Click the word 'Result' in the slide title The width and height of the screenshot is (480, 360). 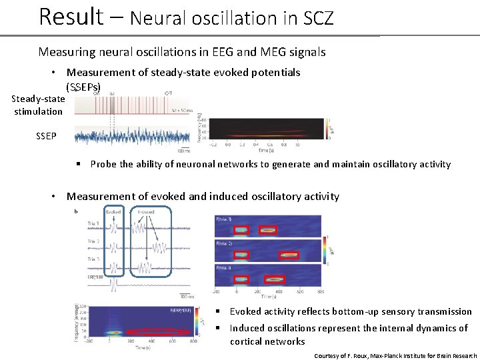[71, 16]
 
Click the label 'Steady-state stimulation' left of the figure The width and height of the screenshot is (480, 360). [39, 105]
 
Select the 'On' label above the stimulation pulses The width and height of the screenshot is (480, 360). [97, 93]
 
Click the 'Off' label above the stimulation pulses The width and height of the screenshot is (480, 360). [167, 93]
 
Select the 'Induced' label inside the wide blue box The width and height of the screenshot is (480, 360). [146, 212]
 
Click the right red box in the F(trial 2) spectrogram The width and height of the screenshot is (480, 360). [289, 255]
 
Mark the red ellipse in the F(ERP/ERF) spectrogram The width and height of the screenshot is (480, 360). [159, 331]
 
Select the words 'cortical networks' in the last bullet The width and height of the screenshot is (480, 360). [267, 341]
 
